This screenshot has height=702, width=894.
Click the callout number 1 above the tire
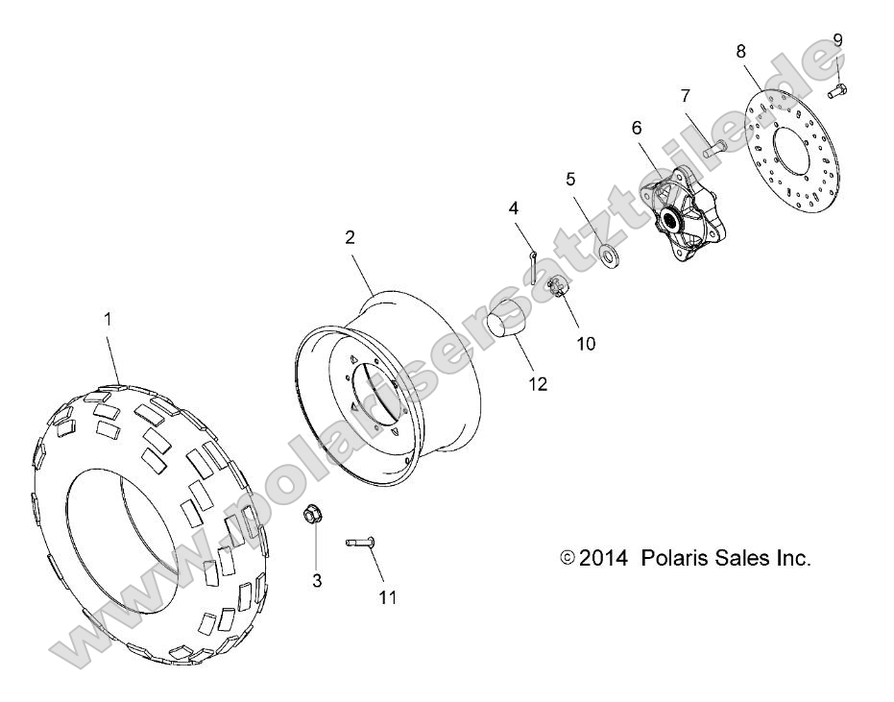click(107, 319)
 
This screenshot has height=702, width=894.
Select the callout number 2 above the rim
click(350, 237)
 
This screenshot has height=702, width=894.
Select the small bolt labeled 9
click(836, 91)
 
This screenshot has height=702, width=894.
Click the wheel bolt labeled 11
click(359, 545)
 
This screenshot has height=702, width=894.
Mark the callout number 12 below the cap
click(538, 383)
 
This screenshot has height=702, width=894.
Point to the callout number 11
click(387, 597)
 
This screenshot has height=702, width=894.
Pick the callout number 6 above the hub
click(637, 127)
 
